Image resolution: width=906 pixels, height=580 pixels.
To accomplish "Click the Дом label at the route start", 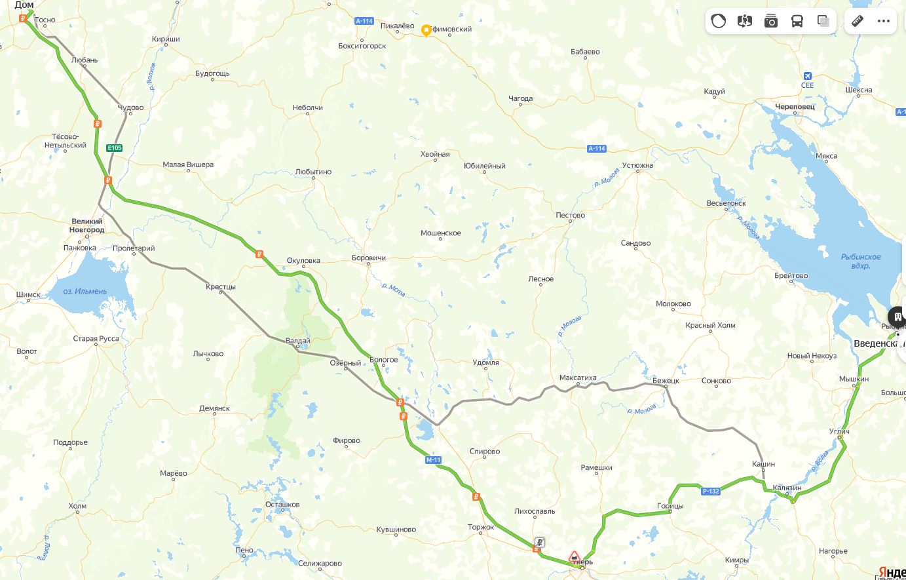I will click(x=24, y=5).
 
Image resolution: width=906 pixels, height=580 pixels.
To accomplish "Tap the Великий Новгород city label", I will click(x=87, y=226).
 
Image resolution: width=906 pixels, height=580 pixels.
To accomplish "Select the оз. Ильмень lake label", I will click(x=85, y=291).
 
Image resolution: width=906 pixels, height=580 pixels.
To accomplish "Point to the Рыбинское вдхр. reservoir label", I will click(x=861, y=261).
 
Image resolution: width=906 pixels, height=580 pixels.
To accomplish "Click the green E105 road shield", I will click(x=115, y=148).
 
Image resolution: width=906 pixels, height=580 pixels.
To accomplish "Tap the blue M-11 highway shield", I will click(x=433, y=460).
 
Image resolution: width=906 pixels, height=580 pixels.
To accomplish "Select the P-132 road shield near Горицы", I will click(x=711, y=492).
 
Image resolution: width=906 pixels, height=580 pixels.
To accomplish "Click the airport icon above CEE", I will click(x=807, y=75).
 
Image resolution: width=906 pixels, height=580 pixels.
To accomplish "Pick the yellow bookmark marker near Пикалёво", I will click(x=426, y=30).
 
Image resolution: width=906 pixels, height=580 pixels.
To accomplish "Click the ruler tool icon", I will click(x=858, y=21).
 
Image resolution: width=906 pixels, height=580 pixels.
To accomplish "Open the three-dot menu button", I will click(x=884, y=21).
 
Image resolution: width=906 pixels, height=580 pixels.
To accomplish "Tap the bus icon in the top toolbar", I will click(x=797, y=21).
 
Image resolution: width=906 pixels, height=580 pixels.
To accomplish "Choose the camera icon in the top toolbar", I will click(x=771, y=21).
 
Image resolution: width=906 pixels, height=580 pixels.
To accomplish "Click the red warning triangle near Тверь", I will click(x=575, y=556).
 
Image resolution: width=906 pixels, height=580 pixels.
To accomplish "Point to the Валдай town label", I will click(x=298, y=341).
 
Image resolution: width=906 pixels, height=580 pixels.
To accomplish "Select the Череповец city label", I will click(x=795, y=106).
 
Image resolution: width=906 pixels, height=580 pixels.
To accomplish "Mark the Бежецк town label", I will click(x=666, y=381).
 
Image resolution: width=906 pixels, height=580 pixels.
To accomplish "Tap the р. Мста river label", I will click(x=393, y=289).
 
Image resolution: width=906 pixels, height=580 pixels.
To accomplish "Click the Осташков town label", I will click(x=282, y=505).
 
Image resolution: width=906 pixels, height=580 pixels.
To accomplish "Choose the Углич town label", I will click(x=839, y=431).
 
